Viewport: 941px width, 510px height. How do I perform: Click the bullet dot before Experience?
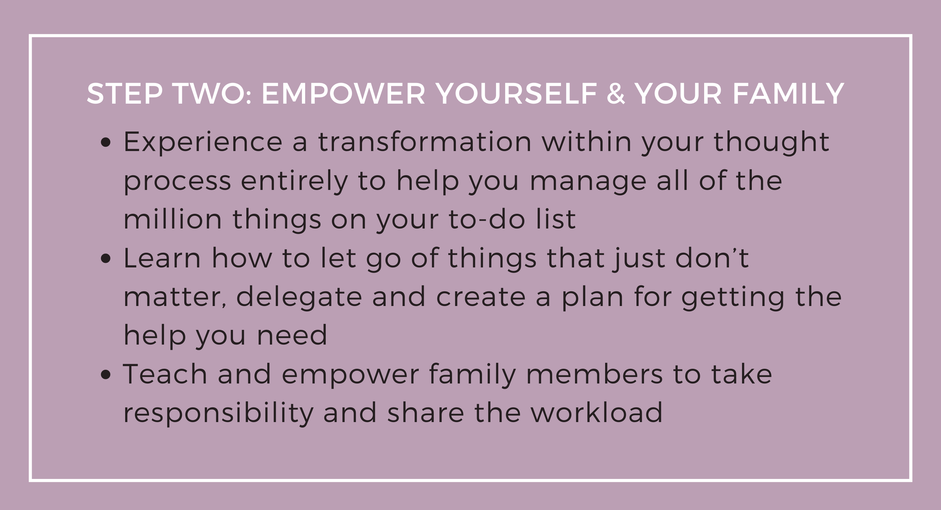click(x=106, y=143)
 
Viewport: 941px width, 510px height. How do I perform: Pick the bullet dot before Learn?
click(x=106, y=259)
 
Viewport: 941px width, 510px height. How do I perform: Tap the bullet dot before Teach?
click(x=106, y=375)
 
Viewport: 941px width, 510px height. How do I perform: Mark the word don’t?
click(x=712, y=257)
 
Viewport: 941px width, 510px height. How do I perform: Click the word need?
click(x=292, y=335)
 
